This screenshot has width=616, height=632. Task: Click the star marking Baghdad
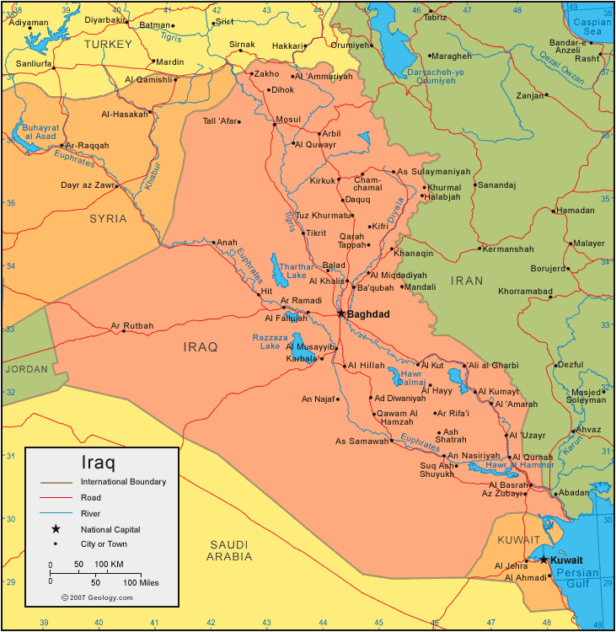(x=341, y=313)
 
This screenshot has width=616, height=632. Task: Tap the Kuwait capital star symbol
(x=544, y=560)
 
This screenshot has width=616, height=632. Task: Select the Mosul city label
(x=287, y=120)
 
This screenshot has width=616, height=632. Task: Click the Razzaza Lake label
(x=270, y=341)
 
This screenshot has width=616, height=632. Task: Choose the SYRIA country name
(x=108, y=218)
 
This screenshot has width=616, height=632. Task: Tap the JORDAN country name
(x=26, y=369)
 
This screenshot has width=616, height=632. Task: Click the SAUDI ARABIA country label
(x=229, y=550)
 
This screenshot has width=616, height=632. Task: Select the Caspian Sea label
(x=592, y=26)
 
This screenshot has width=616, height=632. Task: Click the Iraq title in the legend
(x=98, y=463)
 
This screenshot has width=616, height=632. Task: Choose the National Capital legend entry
(x=110, y=529)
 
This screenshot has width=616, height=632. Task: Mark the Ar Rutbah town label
(x=132, y=326)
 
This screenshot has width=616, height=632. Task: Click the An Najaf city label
(x=319, y=399)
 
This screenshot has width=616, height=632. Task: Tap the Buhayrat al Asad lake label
(x=34, y=131)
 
